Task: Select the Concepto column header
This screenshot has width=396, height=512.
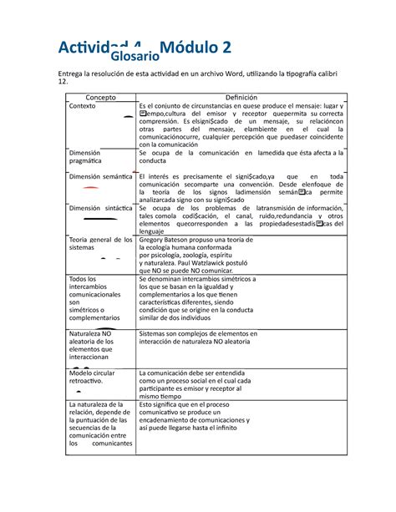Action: (100, 97)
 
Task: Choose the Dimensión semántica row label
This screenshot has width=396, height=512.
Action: (100, 178)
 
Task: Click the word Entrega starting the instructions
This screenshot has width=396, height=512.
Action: (69, 74)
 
